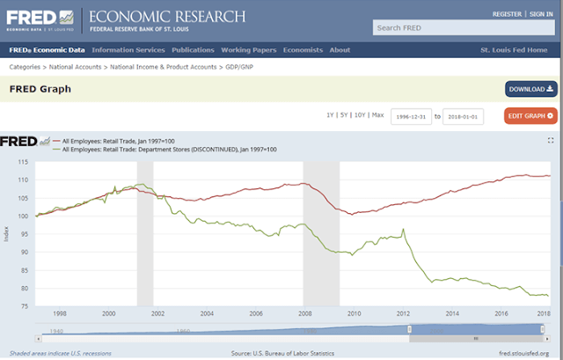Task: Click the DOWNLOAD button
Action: click(x=530, y=89)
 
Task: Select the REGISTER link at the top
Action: click(x=507, y=14)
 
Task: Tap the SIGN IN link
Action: click(x=541, y=14)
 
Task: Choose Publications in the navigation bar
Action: click(x=193, y=50)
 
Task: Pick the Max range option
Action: click(x=377, y=115)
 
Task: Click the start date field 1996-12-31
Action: click(x=411, y=116)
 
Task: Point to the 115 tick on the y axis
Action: click(x=23, y=162)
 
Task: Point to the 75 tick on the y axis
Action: click(x=25, y=306)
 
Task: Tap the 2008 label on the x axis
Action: click(x=304, y=314)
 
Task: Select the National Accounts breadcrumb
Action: click(x=79, y=67)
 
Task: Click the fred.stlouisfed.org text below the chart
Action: click(x=523, y=353)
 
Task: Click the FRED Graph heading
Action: click(x=40, y=89)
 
